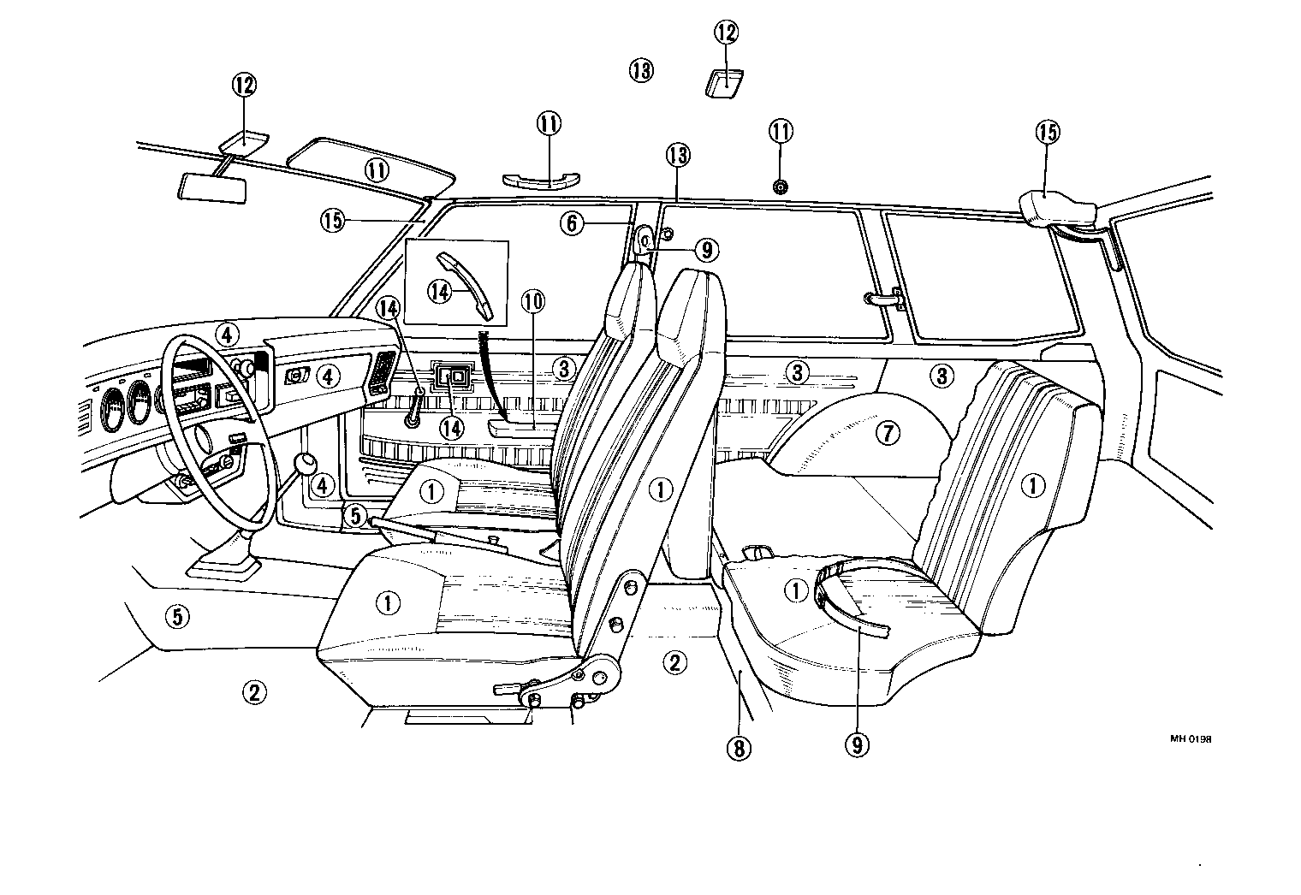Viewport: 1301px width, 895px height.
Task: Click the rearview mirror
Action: [212, 187]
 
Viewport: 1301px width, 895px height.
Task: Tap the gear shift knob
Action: [306, 464]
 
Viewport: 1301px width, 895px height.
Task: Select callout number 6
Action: [573, 224]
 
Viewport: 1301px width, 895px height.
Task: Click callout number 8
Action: [738, 748]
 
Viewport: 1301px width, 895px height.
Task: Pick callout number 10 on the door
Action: [532, 302]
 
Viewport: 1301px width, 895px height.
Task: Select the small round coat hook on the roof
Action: [780, 187]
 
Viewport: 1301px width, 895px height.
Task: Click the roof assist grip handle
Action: [541, 180]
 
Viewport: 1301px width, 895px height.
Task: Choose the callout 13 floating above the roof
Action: [640, 70]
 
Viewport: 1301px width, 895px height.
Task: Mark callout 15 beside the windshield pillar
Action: [333, 221]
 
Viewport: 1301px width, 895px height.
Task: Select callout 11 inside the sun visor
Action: [377, 170]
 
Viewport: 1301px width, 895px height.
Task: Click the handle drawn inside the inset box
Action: [466, 282]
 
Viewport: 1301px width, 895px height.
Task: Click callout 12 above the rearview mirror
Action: [244, 85]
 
